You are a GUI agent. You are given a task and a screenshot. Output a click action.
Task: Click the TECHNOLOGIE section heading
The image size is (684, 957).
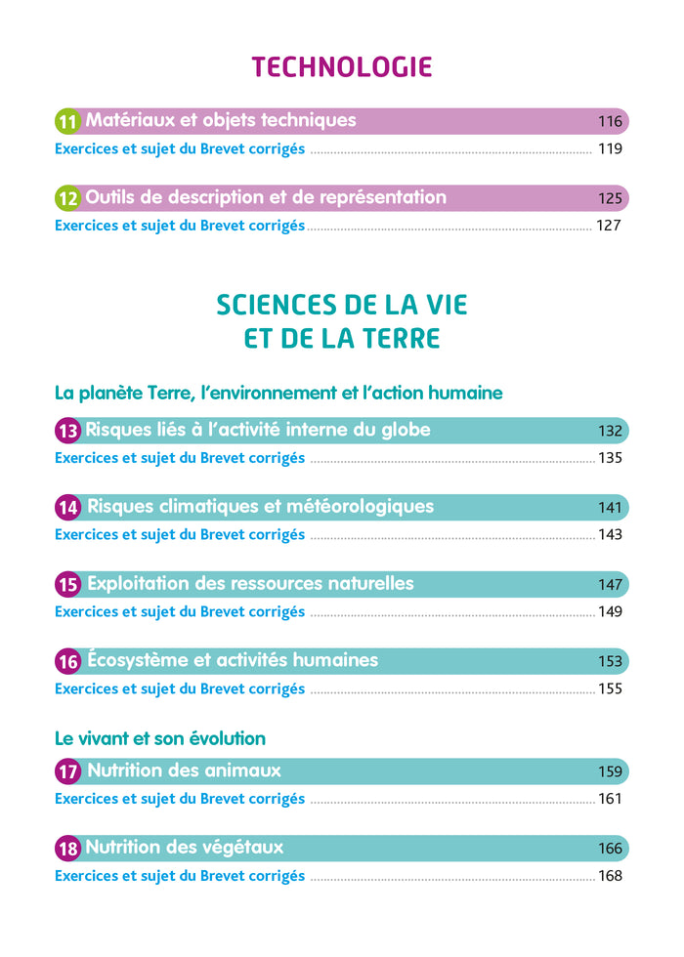click(342, 66)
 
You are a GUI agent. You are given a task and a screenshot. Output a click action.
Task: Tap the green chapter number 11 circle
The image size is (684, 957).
click(67, 122)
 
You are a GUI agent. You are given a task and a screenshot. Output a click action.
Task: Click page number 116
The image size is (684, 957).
click(610, 122)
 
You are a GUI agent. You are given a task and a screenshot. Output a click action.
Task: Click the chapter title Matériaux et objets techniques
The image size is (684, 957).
click(221, 121)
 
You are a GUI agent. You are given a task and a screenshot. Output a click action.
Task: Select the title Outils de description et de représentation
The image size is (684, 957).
click(266, 197)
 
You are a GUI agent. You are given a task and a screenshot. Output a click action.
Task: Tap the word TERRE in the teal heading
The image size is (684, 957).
click(390, 339)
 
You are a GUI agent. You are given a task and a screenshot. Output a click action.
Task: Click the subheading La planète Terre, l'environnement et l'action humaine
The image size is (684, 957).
click(278, 393)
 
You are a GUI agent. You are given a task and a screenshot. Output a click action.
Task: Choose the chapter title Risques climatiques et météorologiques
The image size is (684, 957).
click(260, 507)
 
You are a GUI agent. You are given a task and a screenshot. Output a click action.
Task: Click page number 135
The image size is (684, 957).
click(610, 458)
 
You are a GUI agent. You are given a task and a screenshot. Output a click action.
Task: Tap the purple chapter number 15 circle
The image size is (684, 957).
click(67, 585)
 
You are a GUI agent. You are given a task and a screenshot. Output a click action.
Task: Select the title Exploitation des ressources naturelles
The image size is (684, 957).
click(250, 584)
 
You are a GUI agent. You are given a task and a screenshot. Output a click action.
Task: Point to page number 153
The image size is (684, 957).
click(610, 661)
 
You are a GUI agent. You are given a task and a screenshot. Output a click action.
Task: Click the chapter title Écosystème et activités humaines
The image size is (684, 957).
click(233, 660)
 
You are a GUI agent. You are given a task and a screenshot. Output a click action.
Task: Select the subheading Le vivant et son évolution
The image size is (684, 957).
click(160, 738)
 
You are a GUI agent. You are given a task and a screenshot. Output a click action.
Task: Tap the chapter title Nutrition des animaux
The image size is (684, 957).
click(184, 770)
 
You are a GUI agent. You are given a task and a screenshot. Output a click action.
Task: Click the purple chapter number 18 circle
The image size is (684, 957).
click(67, 849)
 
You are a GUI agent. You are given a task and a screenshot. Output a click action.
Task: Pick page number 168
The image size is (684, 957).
click(610, 876)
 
